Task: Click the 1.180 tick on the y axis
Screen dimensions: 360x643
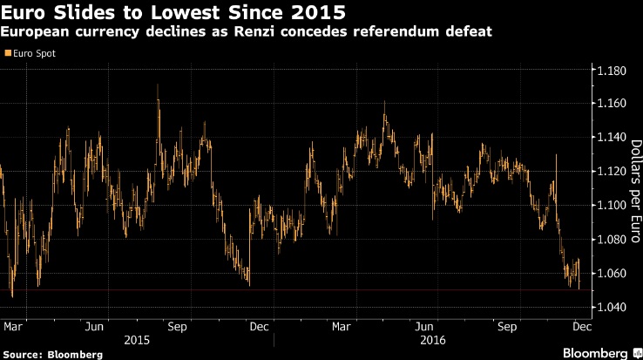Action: (612, 70)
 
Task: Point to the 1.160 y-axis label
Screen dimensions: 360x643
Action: (612, 104)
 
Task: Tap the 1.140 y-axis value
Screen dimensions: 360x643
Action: (612, 138)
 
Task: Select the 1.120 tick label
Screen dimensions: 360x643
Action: (612, 172)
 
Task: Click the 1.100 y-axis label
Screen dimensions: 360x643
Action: (612, 206)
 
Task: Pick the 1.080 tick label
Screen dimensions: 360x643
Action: (612, 240)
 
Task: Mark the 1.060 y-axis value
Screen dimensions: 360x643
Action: (612, 274)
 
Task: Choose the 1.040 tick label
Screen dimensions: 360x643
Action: (612, 308)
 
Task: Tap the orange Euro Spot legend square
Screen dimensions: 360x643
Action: (8, 53)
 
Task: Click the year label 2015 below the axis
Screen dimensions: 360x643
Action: (138, 338)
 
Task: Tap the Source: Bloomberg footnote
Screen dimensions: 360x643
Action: (52, 354)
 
